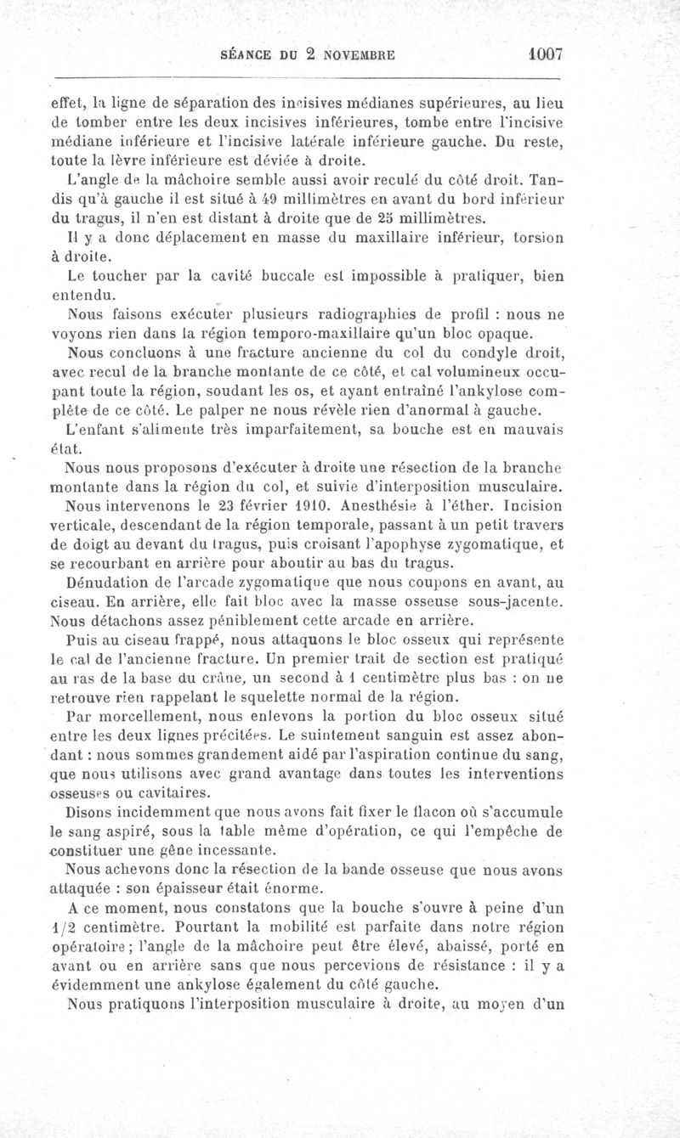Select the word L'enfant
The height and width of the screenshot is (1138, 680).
pyautogui.click(x=93, y=431)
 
